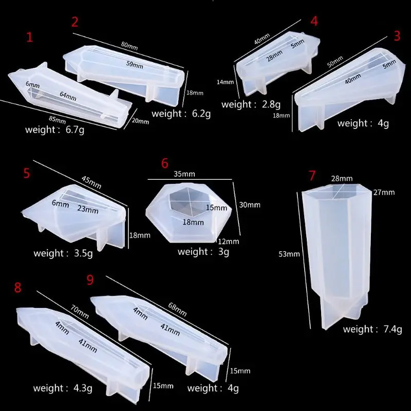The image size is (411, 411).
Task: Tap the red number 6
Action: (165, 163)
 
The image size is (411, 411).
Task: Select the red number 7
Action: (312, 175)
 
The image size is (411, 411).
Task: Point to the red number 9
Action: (90, 280)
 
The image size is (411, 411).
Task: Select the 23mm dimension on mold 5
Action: (88, 209)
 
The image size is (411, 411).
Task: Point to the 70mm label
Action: (81, 310)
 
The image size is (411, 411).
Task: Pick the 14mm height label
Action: (225, 81)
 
